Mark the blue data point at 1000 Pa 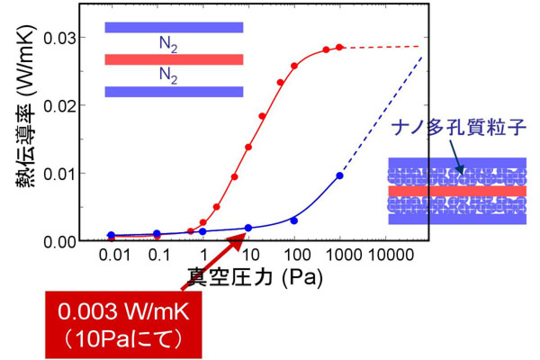(339, 175)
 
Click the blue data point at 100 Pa (294, 220)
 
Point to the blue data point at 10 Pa (248, 228)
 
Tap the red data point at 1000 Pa (339, 47)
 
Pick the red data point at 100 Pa (294, 66)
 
